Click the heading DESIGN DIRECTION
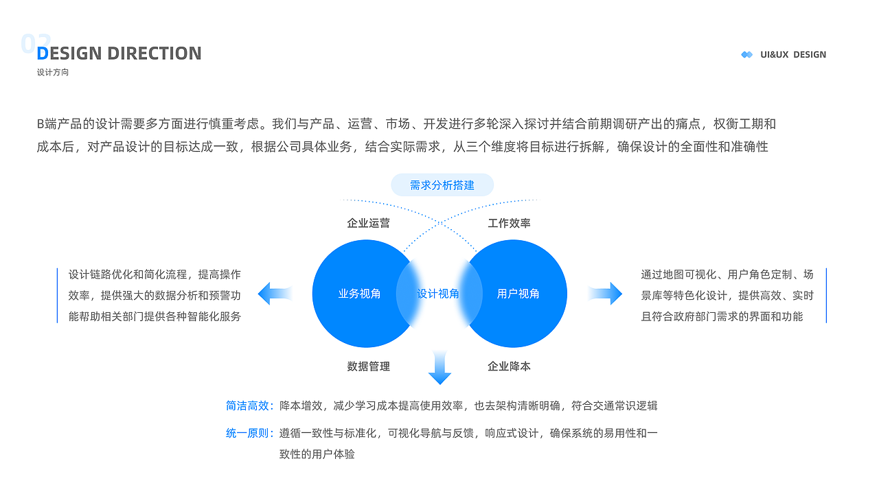pyautogui.click(x=119, y=54)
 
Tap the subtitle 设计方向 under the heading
pyautogui.click(x=53, y=72)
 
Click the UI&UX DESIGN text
pyautogui.click(x=793, y=54)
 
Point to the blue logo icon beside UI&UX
pyautogui.click(x=747, y=54)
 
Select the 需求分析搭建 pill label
pyautogui.click(x=442, y=185)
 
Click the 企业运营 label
pyautogui.click(x=368, y=223)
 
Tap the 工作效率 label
pyautogui.click(x=509, y=223)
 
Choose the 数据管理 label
pyautogui.click(x=368, y=366)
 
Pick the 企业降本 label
pyautogui.click(x=509, y=366)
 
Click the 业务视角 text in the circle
pyautogui.click(x=359, y=294)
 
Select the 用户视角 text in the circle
pyautogui.click(x=518, y=294)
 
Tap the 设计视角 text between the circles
pyautogui.click(x=439, y=294)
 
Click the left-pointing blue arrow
pyautogui.click(x=275, y=294)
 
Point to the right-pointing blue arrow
pyautogui.click(x=605, y=294)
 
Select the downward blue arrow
pyautogui.click(x=439, y=368)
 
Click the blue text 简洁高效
pyautogui.click(x=248, y=405)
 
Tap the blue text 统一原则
pyautogui.click(x=248, y=434)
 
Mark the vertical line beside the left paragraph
pyautogui.click(x=58, y=295)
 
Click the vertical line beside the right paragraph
pyautogui.click(x=826, y=295)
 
